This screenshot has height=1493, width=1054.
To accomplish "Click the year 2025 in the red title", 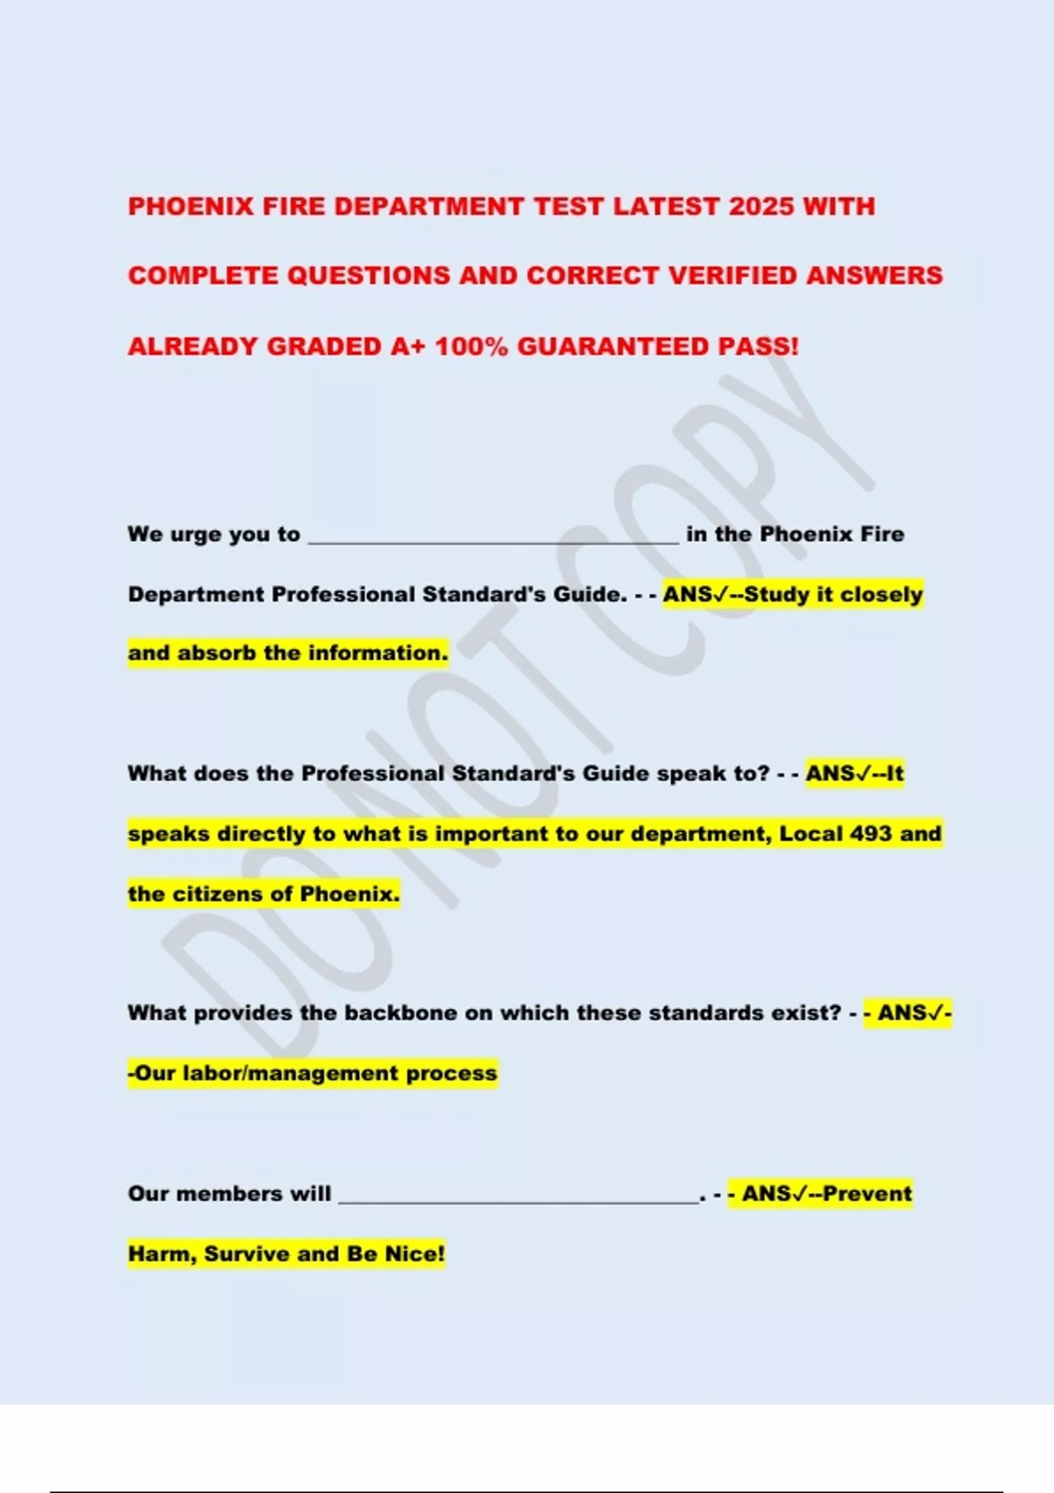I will [762, 206].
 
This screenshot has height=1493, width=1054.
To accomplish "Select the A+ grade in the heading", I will [408, 346].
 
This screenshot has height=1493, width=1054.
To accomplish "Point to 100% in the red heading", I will [472, 346].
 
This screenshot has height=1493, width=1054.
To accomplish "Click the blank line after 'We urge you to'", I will [493, 537].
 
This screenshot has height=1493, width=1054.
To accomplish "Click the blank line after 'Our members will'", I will [518, 1197].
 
